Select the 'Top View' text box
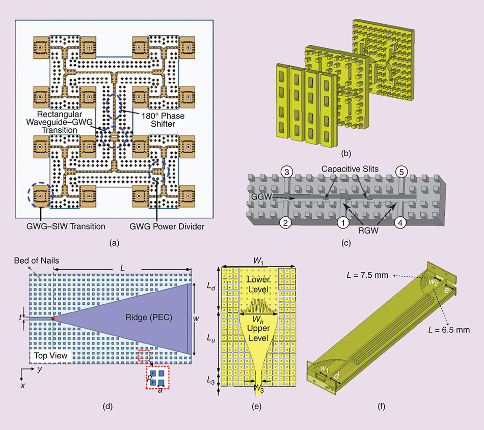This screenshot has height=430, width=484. pos(49,356)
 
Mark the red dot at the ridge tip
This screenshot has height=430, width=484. pos(53,318)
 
